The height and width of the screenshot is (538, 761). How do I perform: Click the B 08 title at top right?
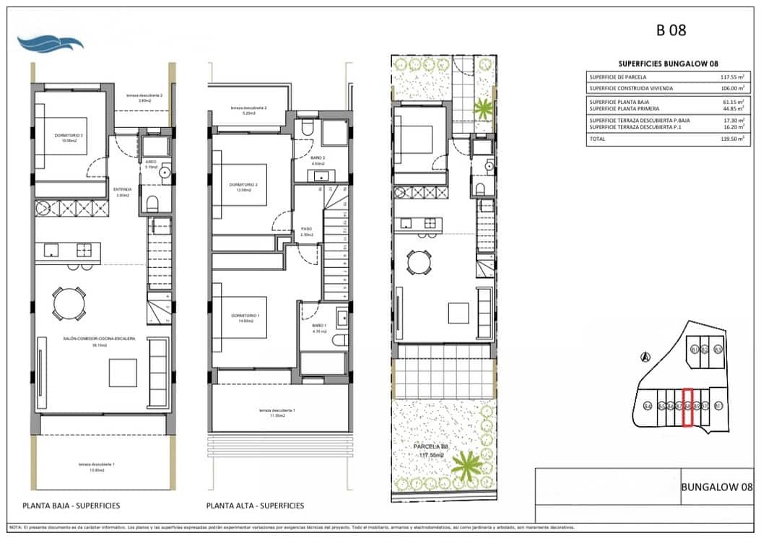tap(671, 30)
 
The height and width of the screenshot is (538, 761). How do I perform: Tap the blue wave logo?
tap(51, 43)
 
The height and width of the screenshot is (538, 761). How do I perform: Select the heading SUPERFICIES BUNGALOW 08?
tap(669, 64)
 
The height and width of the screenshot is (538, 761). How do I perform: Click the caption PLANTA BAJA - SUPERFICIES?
tap(71, 506)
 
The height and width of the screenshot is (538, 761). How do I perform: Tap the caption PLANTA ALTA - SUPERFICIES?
tap(255, 506)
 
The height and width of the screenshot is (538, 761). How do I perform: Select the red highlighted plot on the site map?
tap(688, 408)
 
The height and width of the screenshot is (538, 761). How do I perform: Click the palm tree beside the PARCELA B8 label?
tap(466, 466)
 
